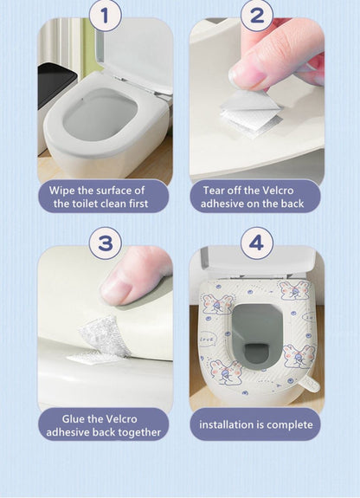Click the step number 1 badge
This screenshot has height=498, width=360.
click(105, 15)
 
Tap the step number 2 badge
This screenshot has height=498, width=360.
click(255, 15)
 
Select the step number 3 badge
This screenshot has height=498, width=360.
click(105, 243)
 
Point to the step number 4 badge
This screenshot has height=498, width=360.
click(255, 243)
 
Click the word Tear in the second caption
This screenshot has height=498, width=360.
click(216, 190)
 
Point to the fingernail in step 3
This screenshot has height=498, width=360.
click(118, 289)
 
